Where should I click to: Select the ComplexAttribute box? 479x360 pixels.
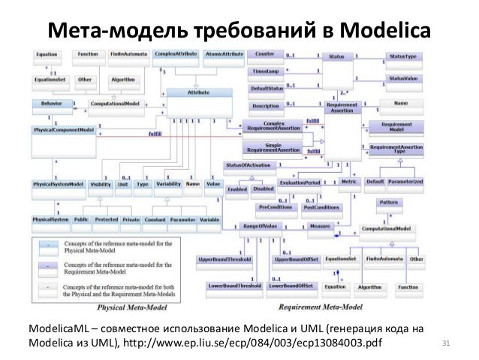point(175,55)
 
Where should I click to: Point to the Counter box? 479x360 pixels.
point(264,55)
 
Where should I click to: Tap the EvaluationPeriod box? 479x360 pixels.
point(300,183)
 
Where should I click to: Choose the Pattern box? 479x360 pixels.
point(388,203)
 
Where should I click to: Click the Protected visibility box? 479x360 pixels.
point(106,219)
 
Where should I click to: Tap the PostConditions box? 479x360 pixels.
point(322,207)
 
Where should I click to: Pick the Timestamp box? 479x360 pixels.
point(265,71)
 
